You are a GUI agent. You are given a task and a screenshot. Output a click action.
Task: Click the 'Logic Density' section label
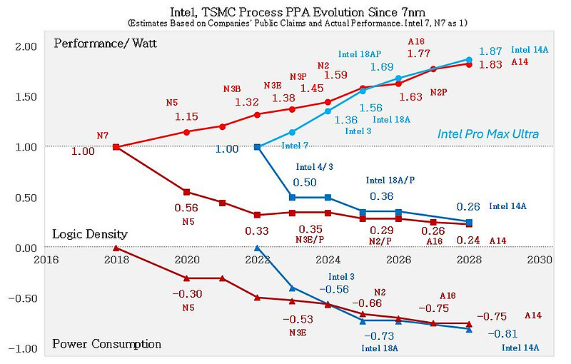coord(90,234)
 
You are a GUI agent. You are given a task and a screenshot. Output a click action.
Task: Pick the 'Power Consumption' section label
coord(106,344)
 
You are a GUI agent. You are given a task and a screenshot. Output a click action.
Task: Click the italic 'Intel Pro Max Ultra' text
coord(488,134)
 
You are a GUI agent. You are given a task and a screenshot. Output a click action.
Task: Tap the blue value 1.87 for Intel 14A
coord(490,51)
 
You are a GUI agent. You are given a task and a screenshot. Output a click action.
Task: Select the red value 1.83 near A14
coord(490,65)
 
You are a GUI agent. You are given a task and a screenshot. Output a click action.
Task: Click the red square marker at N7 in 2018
coord(116,147)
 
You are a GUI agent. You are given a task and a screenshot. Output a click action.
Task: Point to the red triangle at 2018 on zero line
coord(116,248)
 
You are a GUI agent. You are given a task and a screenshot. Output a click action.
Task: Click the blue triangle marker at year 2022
coord(258,248)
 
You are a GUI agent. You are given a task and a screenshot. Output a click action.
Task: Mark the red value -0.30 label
coord(187,294)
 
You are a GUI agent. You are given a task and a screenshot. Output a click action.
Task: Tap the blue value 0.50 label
coord(305,183)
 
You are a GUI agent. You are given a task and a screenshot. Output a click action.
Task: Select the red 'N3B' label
coord(232,89)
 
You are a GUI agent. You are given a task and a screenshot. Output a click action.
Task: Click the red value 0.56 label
coord(187,208)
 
